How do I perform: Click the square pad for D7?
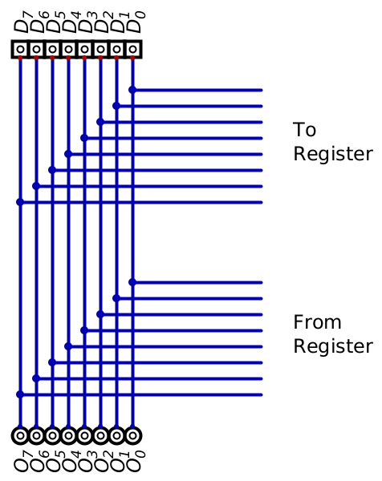20,49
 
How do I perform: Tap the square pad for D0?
132,49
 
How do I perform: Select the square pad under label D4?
68,49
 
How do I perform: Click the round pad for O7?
20,435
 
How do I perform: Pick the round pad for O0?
132,435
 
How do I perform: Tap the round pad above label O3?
84,435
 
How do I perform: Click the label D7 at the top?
22,22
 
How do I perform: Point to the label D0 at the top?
135,22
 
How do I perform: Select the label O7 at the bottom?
22,461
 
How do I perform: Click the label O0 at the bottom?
135,461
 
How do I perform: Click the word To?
304,130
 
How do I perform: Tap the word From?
317,322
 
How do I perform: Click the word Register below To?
333,154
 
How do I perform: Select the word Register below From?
333,346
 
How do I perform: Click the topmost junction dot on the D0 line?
132,90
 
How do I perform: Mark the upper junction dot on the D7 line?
20,202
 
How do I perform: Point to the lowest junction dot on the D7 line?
20,394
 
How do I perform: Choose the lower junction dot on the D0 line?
132,282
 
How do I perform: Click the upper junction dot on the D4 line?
68,154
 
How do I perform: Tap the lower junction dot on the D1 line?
116,298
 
